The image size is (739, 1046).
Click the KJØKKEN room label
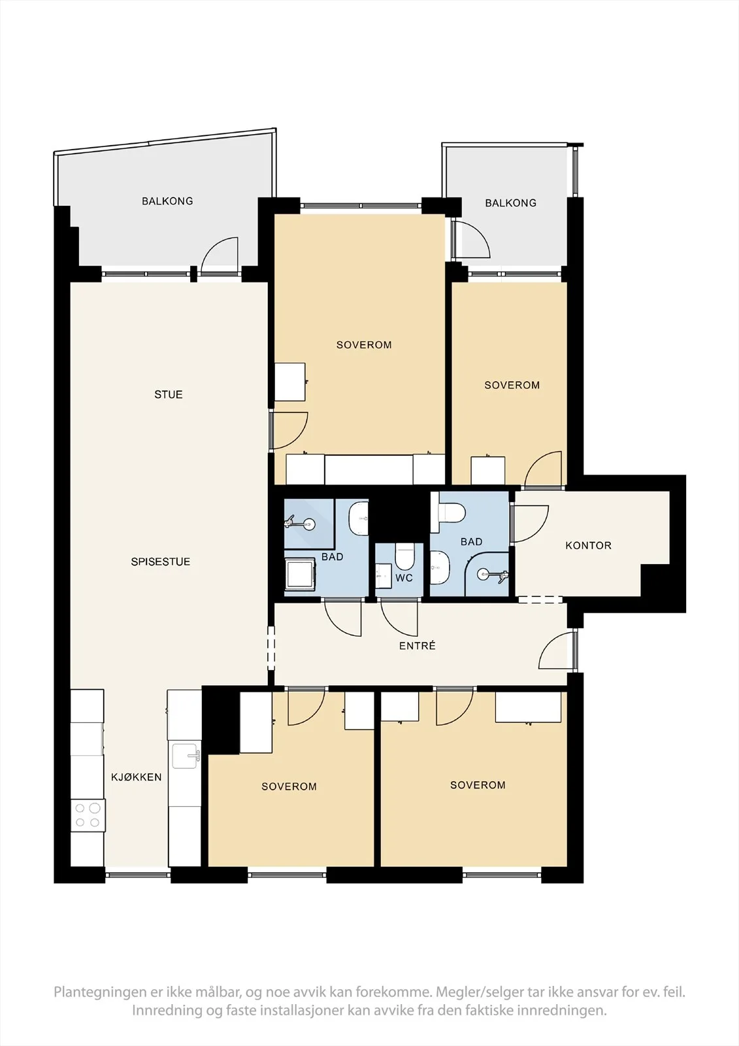click(137, 777)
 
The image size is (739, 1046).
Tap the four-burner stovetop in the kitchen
click(88, 815)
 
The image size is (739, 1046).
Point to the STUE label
click(169, 394)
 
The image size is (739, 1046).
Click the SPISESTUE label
click(161, 562)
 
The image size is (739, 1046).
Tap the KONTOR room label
click(588, 545)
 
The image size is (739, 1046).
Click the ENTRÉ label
click(418, 646)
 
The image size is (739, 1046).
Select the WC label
click(404, 578)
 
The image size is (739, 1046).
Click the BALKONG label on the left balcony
click(167, 201)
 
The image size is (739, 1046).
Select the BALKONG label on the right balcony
click(511, 203)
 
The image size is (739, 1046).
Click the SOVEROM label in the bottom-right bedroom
click(478, 785)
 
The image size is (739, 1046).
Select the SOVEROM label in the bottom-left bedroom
click(289, 786)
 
